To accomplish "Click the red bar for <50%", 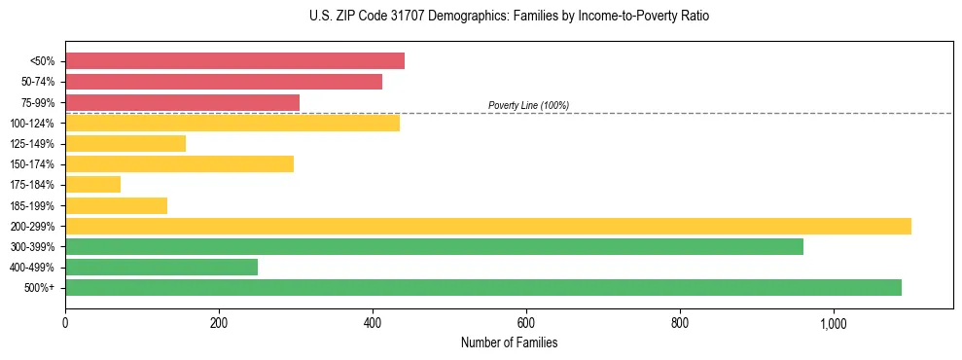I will coord(234,61).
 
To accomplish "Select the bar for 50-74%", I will coord(224,82).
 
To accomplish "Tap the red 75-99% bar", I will coord(182,102).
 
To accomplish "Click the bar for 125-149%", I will coord(125,144).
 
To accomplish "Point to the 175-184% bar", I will coord(92,185).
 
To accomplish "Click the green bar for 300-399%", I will coord(434,247).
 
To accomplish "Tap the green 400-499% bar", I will coord(161,268).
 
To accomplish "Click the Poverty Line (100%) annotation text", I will coord(528,105).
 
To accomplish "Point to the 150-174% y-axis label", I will coord(32,164).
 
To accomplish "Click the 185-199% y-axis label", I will coord(32,205).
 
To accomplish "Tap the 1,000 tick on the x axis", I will coord(834,323).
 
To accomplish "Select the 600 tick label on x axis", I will coord(526,323).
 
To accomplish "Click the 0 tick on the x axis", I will coord(65,323).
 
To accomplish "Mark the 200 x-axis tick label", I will coord(219,323).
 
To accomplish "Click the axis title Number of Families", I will coord(509,342).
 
